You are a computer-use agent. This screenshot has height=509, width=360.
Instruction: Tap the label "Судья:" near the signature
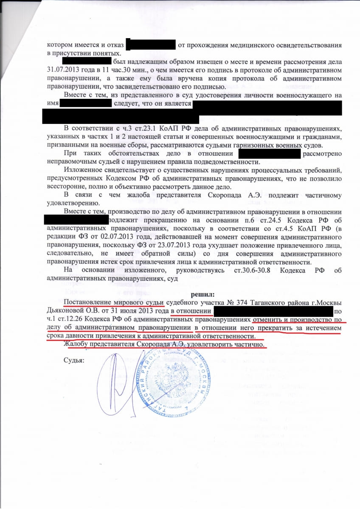tap(74, 361)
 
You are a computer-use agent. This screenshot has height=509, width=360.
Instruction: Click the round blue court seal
tap(170, 388)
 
